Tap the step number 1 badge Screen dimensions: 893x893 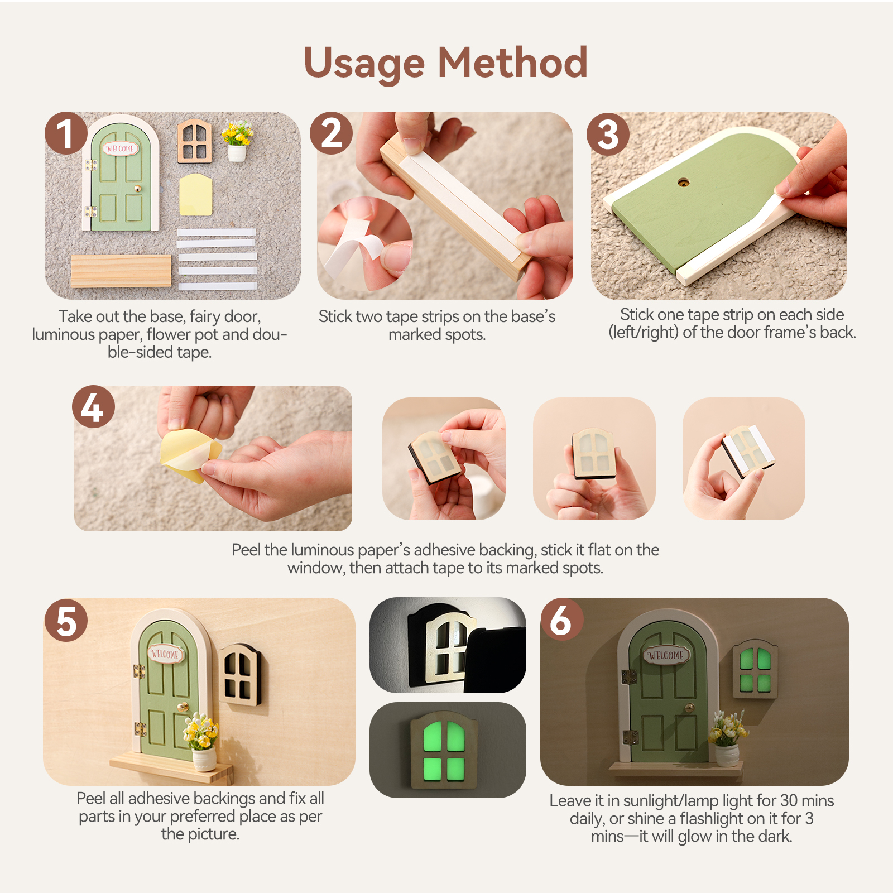[66, 133]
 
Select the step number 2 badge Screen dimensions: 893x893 [332, 133]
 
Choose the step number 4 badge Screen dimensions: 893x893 [93, 407]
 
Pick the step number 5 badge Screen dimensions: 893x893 [66, 621]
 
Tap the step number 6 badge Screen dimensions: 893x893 [562, 620]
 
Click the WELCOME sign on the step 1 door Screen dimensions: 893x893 [120, 148]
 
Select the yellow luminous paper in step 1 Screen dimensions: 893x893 [195, 194]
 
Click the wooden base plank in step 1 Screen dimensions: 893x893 [121, 271]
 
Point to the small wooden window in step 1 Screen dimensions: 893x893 [195, 141]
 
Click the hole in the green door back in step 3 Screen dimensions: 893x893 [684, 182]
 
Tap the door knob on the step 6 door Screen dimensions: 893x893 [690, 708]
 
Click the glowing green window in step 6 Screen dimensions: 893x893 [755, 669]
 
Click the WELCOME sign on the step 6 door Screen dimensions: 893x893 [666, 655]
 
